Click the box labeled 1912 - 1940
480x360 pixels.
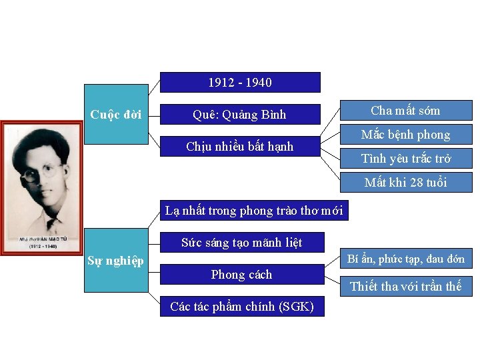(x=240, y=82)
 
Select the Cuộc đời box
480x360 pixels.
(x=115, y=114)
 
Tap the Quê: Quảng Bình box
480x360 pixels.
(x=240, y=115)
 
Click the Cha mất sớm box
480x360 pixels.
(x=405, y=110)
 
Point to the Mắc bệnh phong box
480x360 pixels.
(x=405, y=135)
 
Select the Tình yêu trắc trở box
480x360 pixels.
(x=405, y=159)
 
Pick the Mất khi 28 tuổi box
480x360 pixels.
(x=405, y=182)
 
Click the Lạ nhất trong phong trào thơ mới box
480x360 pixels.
(x=254, y=211)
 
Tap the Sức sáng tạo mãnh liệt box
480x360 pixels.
(x=241, y=242)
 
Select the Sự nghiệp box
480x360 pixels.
(x=115, y=261)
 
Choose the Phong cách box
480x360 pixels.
(x=241, y=275)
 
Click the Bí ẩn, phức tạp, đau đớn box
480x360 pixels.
(x=405, y=259)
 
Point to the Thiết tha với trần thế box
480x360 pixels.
(x=405, y=287)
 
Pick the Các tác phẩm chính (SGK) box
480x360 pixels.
(x=241, y=307)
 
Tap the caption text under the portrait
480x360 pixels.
(x=44, y=241)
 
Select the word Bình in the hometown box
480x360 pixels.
(x=272, y=115)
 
